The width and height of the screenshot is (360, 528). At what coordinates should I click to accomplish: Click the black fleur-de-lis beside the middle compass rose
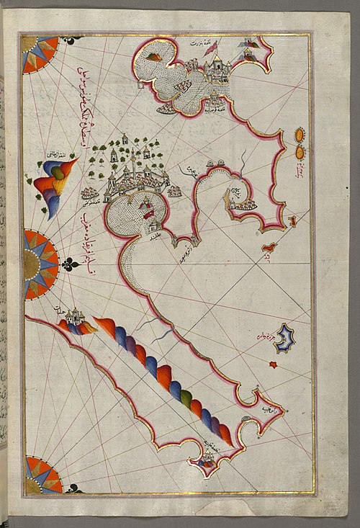[71, 265]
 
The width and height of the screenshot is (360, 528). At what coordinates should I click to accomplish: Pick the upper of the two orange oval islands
[300, 134]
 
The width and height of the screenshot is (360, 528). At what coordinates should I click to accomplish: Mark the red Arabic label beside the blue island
[263, 336]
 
